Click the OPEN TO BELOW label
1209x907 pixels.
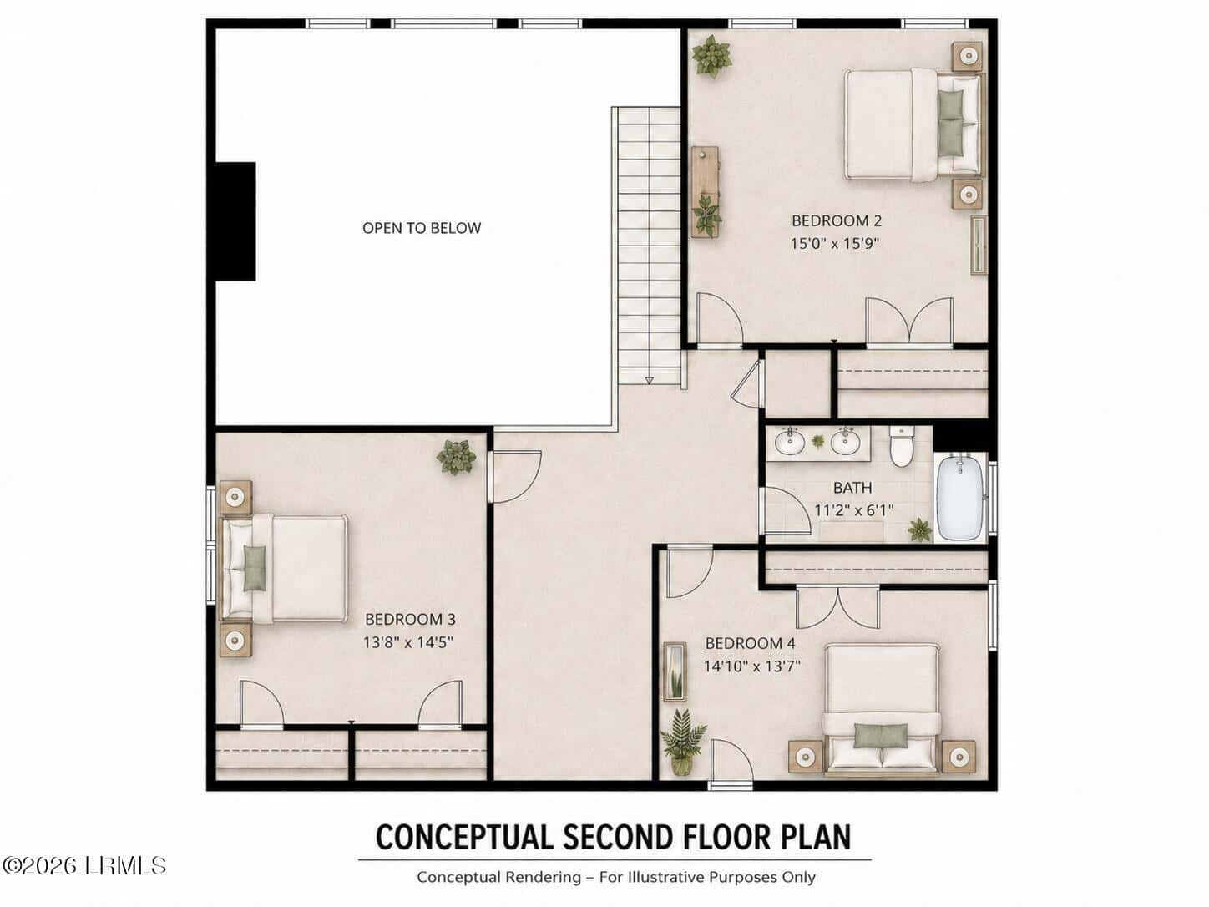pos(422,228)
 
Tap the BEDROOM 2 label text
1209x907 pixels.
pos(837,220)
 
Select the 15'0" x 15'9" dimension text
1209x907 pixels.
pos(835,243)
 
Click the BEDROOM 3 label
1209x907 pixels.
pos(410,620)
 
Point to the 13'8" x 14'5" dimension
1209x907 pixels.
pos(408,642)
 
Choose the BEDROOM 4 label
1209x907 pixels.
pos(750,643)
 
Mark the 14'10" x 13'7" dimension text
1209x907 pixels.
pos(751,666)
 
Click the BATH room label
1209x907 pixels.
pos(852,488)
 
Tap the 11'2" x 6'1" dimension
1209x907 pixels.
pos(854,510)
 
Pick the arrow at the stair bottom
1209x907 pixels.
pos(650,381)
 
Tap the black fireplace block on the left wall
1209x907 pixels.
pos(235,221)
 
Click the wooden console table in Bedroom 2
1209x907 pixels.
pos(705,191)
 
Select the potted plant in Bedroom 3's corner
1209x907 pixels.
pos(456,457)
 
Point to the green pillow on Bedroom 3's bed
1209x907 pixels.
pos(255,568)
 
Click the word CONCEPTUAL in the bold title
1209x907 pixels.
pos(464,838)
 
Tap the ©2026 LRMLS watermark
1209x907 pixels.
pos(83,866)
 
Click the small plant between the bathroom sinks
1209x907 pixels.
pos(818,441)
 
